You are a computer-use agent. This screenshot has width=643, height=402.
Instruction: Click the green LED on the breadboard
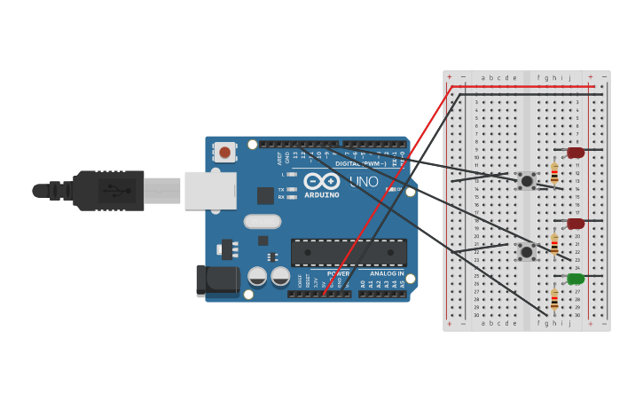tap(576, 279)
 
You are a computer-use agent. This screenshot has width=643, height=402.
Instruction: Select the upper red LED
tap(576, 153)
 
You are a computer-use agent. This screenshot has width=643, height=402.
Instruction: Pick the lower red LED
tap(576, 224)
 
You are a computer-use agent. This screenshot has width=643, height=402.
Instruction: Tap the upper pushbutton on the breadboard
tap(527, 181)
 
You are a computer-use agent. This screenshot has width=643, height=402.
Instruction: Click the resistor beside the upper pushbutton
tap(554, 172)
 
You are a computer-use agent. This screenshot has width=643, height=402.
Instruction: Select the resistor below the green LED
tap(554, 300)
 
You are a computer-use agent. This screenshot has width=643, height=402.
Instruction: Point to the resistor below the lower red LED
tap(554, 243)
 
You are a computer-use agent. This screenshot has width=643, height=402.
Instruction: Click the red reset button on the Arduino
tap(224, 152)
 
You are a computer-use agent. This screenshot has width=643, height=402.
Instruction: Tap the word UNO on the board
tap(364, 182)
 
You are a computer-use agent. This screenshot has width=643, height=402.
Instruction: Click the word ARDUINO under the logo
tap(321, 194)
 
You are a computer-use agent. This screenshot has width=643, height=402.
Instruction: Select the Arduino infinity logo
tap(321, 181)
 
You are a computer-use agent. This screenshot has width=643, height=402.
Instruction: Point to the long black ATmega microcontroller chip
tap(349, 252)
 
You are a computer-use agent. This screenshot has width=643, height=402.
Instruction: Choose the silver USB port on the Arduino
tap(210, 190)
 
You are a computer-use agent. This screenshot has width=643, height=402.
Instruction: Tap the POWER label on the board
tap(337, 273)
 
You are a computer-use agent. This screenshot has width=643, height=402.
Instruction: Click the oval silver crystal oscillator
tap(262, 221)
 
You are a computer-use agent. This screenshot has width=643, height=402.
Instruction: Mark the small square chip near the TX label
tap(265, 195)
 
